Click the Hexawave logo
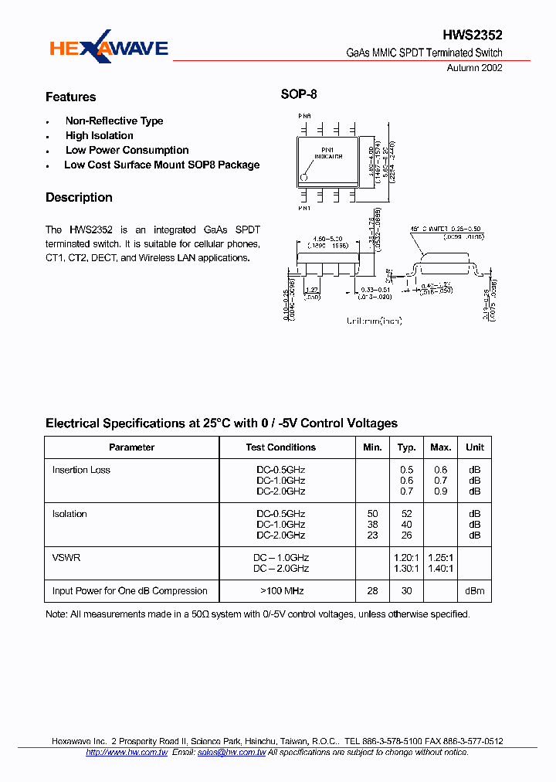tap(109, 49)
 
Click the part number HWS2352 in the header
tap(473, 36)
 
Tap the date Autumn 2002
tap(475, 67)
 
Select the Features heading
tap(70, 97)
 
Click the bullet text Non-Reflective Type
tap(114, 121)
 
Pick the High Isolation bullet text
tap(100, 136)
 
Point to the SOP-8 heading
tap(298, 95)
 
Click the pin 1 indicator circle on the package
tap(304, 177)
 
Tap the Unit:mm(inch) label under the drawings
tap(375, 321)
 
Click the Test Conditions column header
tap(281, 447)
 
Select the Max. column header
tap(441, 447)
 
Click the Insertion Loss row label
tap(81, 471)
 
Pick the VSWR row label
tap(66, 558)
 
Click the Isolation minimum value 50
tap(373, 515)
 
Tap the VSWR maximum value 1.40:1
tap(441, 569)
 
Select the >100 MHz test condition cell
tap(281, 591)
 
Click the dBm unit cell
tap(475, 591)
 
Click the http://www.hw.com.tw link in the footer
tap(127, 753)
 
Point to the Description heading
tap(79, 198)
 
